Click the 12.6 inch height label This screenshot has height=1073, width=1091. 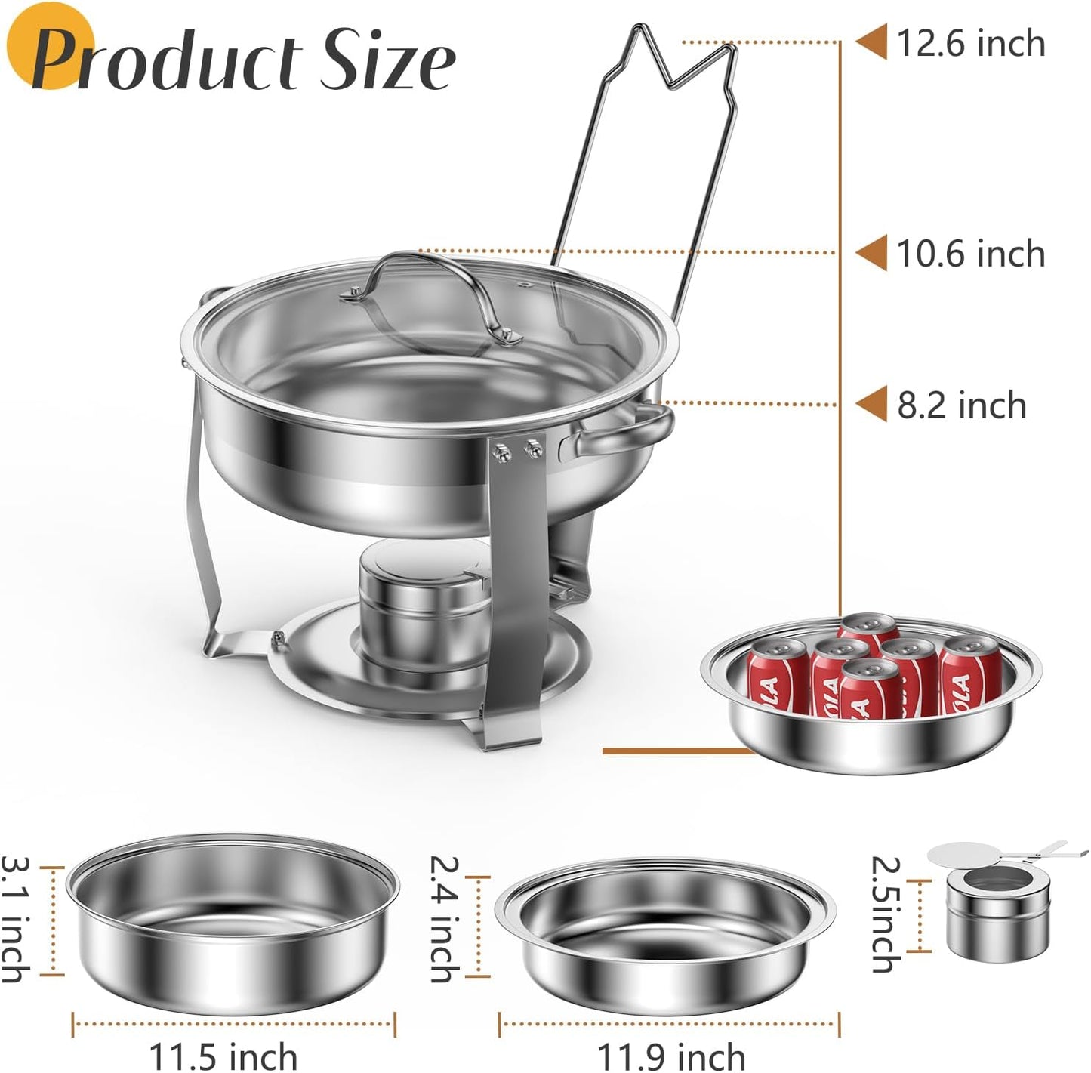pos(970,43)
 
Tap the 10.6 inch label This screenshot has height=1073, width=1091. pos(970,254)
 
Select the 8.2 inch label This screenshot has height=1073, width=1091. pos(961,405)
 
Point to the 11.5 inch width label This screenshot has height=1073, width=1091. pos(223,1055)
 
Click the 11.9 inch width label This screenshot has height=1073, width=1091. pos(670,1055)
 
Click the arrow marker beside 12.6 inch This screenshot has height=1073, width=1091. pos(871,42)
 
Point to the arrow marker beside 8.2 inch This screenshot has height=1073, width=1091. pos(871,405)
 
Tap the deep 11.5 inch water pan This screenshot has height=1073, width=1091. pos(232,923)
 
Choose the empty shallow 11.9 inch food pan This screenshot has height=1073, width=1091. pos(664,936)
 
